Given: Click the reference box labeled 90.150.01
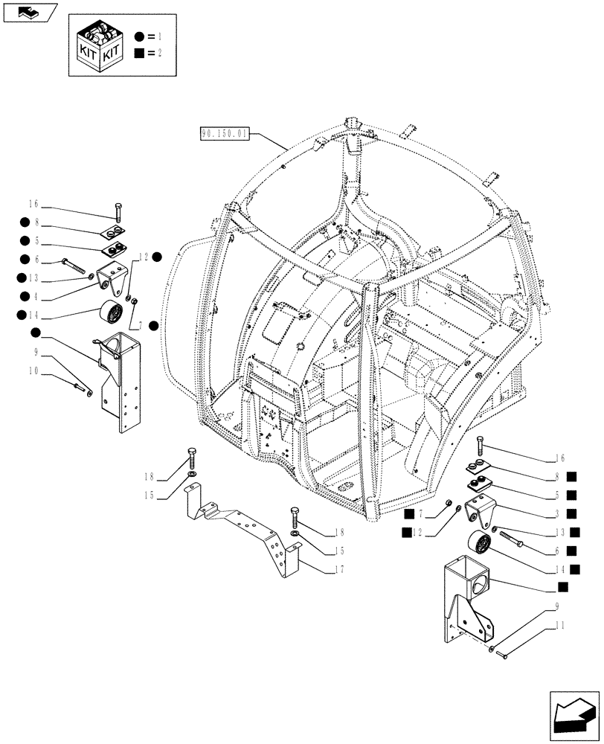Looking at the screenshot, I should pos(225,135).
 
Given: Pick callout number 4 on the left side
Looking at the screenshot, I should pos(33,296).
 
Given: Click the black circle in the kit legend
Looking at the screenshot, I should pos(139,36).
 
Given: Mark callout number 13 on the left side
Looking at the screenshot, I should pos(33,278).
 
